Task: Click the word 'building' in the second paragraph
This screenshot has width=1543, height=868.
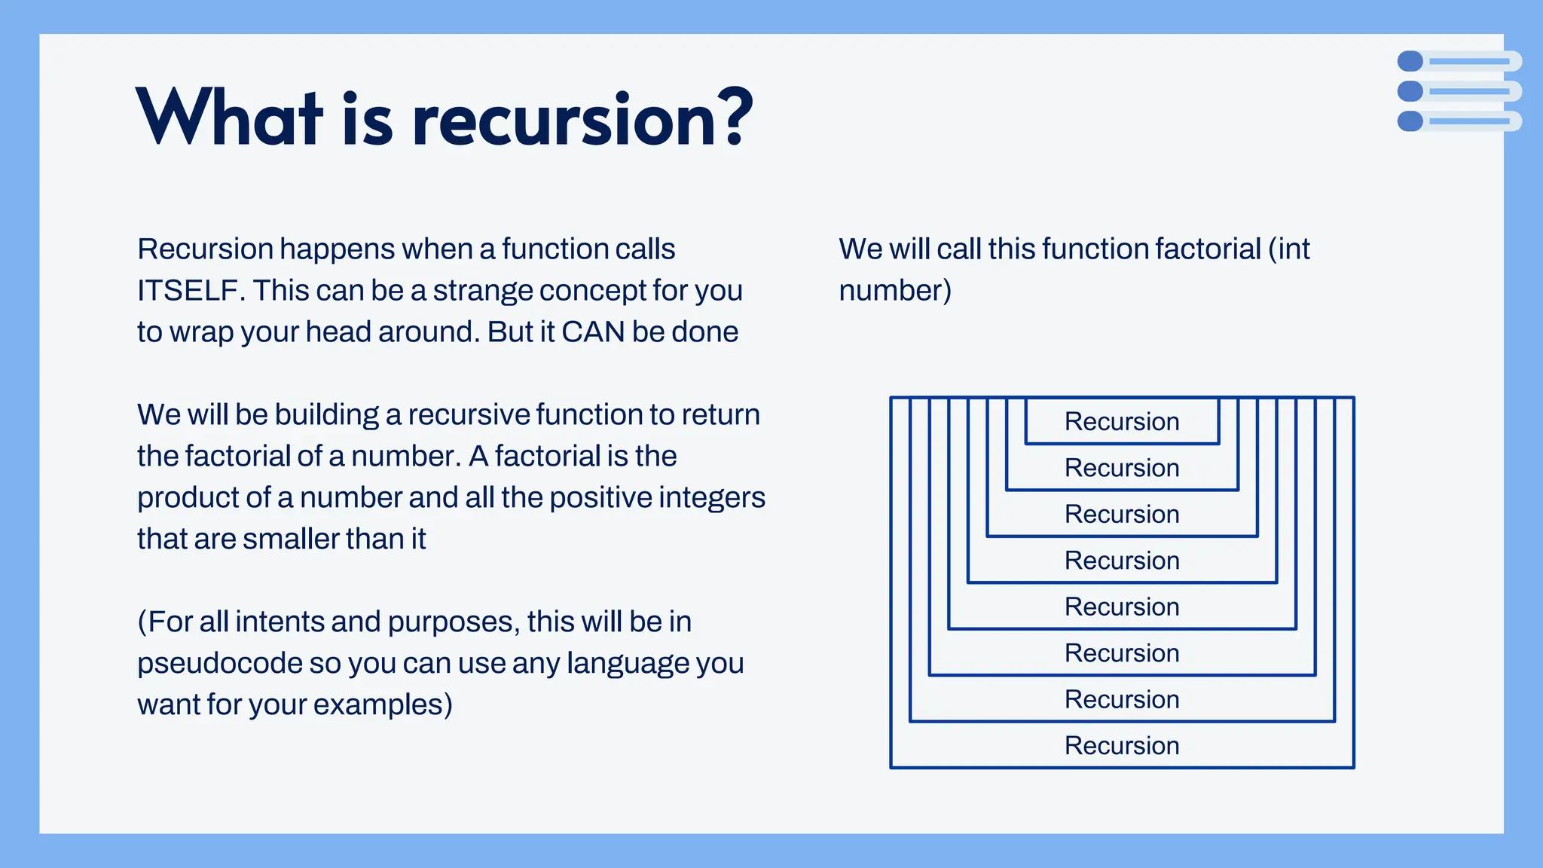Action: click(326, 415)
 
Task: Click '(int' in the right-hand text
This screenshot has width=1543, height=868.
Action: click(1289, 249)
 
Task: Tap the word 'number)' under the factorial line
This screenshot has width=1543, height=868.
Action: click(895, 291)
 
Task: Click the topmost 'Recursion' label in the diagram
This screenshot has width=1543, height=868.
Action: click(1122, 422)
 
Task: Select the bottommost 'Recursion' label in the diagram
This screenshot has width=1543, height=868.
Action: click(1122, 746)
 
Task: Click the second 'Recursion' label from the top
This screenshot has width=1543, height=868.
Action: click(1122, 469)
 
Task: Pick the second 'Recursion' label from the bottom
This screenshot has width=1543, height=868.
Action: click(1122, 700)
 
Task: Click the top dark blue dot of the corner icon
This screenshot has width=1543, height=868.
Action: click(1410, 61)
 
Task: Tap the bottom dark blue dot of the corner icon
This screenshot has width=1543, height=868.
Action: click(1410, 121)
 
